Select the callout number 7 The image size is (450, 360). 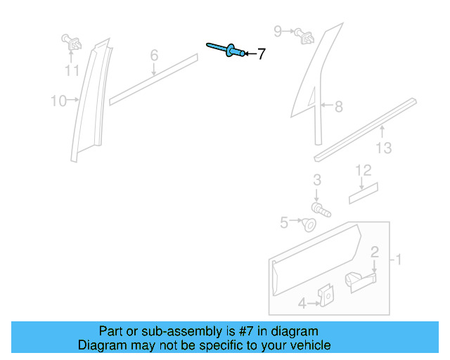click(261, 54)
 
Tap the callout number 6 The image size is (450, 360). click(154, 55)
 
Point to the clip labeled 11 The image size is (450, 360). click(71, 42)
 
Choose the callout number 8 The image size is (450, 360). click(338, 107)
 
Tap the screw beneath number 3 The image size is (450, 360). click(321, 209)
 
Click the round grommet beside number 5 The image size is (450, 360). click(307, 224)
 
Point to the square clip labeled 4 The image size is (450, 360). click(326, 297)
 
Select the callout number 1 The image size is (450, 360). click(398, 260)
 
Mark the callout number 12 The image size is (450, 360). click(363, 169)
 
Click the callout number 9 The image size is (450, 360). click(278, 31)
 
